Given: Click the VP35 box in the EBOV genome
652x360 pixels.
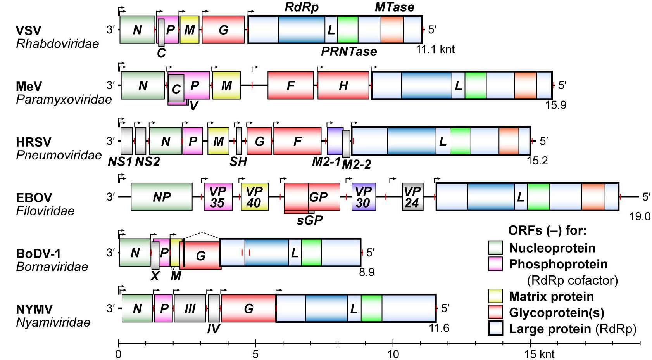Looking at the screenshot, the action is pos(218,197).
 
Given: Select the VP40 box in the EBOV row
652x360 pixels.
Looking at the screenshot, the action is pos(254,197).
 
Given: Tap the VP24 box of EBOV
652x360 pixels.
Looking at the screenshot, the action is pos(413,197).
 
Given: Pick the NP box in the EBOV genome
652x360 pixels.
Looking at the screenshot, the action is pos(162,197).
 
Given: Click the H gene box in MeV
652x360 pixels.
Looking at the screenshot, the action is pos(343,85).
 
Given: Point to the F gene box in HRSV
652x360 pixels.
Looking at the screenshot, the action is pos(297,141).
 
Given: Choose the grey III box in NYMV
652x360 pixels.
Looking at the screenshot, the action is pos(190,308).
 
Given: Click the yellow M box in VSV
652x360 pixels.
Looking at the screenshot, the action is pos(190,29).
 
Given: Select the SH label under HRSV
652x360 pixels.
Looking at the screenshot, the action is pos(238,161).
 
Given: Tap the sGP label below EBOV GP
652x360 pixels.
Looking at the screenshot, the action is pos(310,220).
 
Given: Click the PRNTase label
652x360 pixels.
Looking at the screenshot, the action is pos(349,52).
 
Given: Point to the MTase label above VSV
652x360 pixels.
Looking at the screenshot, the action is pos(394,7).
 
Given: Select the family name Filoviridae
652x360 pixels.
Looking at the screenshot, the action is pos(45,211).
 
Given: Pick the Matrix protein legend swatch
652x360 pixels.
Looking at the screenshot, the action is pos(495,296).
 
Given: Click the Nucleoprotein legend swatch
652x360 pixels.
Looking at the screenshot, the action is pos(495,248).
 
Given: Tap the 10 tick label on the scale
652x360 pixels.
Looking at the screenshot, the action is pos(393,355).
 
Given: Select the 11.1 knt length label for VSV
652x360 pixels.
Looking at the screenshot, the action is pos(435,50).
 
